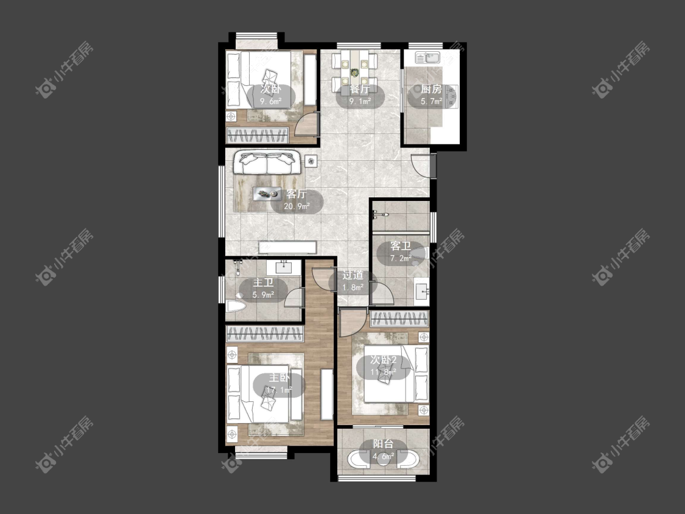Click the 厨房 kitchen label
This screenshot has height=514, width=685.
pyautogui.click(x=431, y=90)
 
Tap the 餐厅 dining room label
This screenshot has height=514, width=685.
pyautogui.click(x=360, y=89)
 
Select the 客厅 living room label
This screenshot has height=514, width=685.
pyautogui.click(x=297, y=194)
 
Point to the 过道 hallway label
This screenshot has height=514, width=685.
pyautogui.click(x=353, y=275)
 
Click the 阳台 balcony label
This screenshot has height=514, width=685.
pyautogui.click(x=383, y=444)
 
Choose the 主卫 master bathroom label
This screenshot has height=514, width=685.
pyautogui.click(x=263, y=283)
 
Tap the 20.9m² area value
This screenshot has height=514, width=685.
pyautogui.click(x=297, y=206)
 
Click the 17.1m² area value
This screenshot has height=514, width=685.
pyautogui.click(x=279, y=390)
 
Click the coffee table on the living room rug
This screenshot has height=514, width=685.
pyautogui.click(x=267, y=193)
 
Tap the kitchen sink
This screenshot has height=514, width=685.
pyautogui.click(x=427, y=57)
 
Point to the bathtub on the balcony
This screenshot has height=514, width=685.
pyautogui.click(x=384, y=459)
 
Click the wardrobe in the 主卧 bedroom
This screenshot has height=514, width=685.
pyautogui.click(x=265, y=334)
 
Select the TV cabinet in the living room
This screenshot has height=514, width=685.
pyautogui.click(x=287, y=247)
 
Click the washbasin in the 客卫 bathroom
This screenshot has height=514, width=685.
pyautogui.click(x=421, y=290)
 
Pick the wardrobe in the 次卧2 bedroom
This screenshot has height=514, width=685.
pyautogui.click(x=399, y=320)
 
